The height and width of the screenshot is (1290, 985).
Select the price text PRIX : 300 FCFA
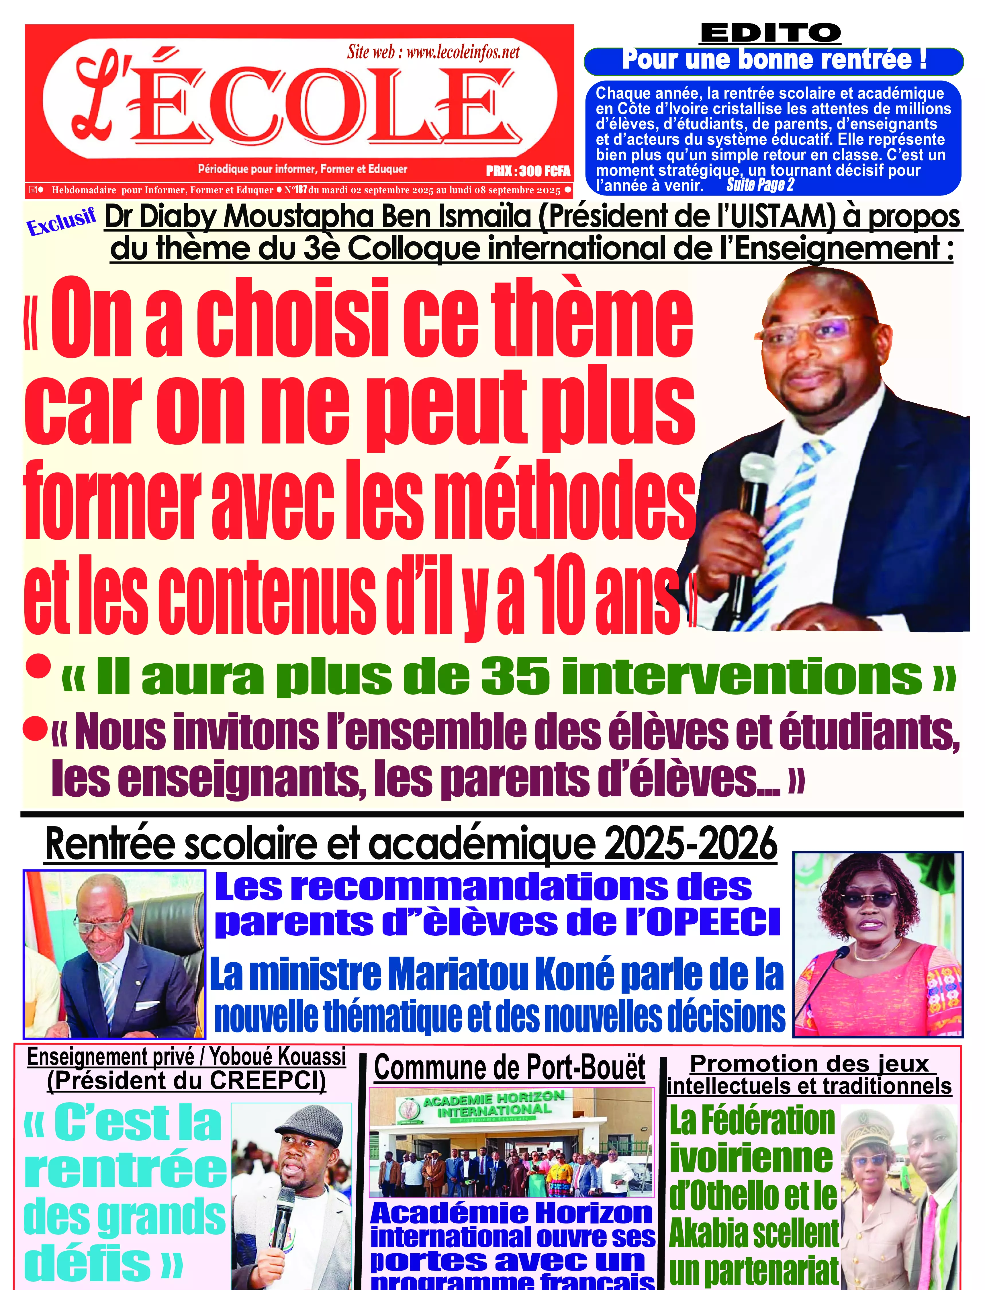[528, 171]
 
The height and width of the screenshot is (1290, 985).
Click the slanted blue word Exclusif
[61, 222]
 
